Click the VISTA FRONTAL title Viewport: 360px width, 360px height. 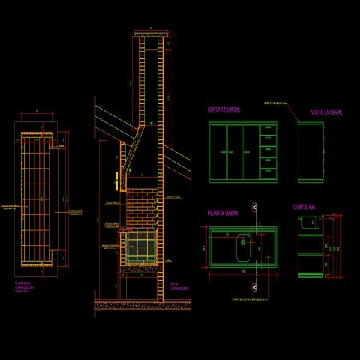224,110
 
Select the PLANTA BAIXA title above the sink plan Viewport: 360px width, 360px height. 223,213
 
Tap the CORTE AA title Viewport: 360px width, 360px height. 304,207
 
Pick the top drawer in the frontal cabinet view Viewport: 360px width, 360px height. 268,130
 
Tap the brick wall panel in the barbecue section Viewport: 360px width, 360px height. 141,209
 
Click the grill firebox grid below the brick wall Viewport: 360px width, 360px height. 139,247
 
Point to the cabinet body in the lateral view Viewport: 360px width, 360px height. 310,152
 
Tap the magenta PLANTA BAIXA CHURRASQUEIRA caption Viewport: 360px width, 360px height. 26,286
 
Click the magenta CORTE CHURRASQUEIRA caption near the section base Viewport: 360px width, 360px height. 178,286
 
